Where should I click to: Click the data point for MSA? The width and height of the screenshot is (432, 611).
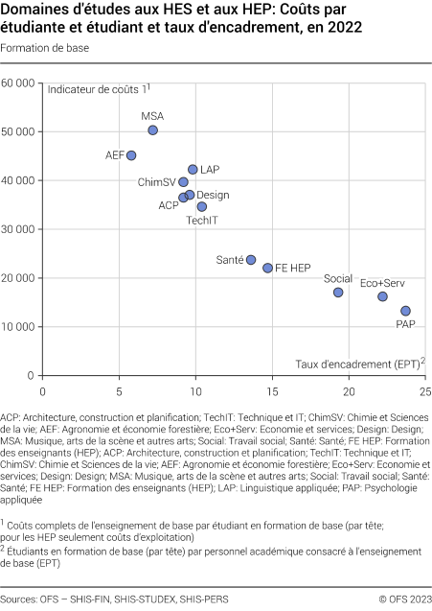152,129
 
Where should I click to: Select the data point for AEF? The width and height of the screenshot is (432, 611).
131,155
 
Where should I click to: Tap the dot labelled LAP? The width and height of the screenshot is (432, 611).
193,170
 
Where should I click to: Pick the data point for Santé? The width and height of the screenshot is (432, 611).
251,260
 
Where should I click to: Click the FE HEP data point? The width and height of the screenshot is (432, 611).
268,269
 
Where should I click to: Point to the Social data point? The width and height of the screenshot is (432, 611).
338,293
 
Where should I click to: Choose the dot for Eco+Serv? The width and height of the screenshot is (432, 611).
382,296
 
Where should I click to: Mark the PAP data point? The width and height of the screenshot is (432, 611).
405,311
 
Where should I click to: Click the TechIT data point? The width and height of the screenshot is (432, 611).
201,206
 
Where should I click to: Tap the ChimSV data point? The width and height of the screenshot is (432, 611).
183,181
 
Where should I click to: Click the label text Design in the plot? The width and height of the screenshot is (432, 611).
213,195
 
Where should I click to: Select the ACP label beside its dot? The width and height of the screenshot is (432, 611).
169,205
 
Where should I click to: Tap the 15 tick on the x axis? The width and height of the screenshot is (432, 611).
272,391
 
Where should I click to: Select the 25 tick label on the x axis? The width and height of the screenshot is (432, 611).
425,391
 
